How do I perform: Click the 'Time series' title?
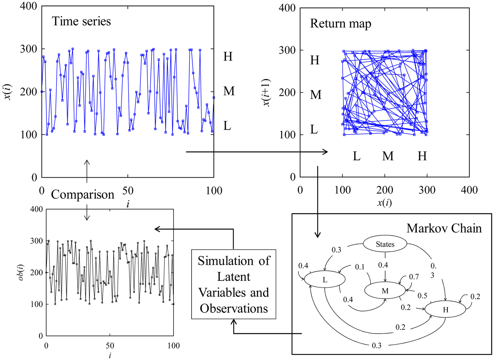click(x=81, y=22)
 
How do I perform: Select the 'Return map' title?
click(x=341, y=24)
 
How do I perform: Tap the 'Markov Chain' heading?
click(x=444, y=228)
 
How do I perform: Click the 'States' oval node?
click(x=385, y=244)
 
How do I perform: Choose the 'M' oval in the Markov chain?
click(x=385, y=291)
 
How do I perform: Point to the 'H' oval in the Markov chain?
click(x=445, y=310)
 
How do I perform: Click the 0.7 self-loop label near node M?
click(x=414, y=277)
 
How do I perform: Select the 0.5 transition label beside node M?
click(x=422, y=296)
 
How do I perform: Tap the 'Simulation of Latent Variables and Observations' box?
click(x=234, y=285)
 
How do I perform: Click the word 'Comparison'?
click(x=83, y=195)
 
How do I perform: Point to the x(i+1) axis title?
click(x=267, y=92)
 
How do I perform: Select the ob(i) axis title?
click(x=21, y=272)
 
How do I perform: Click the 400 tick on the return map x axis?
click(x=469, y=190)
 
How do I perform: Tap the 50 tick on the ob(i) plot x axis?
click(x=110, y=346)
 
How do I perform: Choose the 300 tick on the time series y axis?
click(x=29, y=49)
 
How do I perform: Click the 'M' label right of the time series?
click(x=229, y=91)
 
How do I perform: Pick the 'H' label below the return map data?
click(x=422, y=156)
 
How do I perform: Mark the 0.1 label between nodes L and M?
click(x=360, y=267)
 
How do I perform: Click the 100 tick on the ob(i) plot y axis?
click(x=37, y=304)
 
